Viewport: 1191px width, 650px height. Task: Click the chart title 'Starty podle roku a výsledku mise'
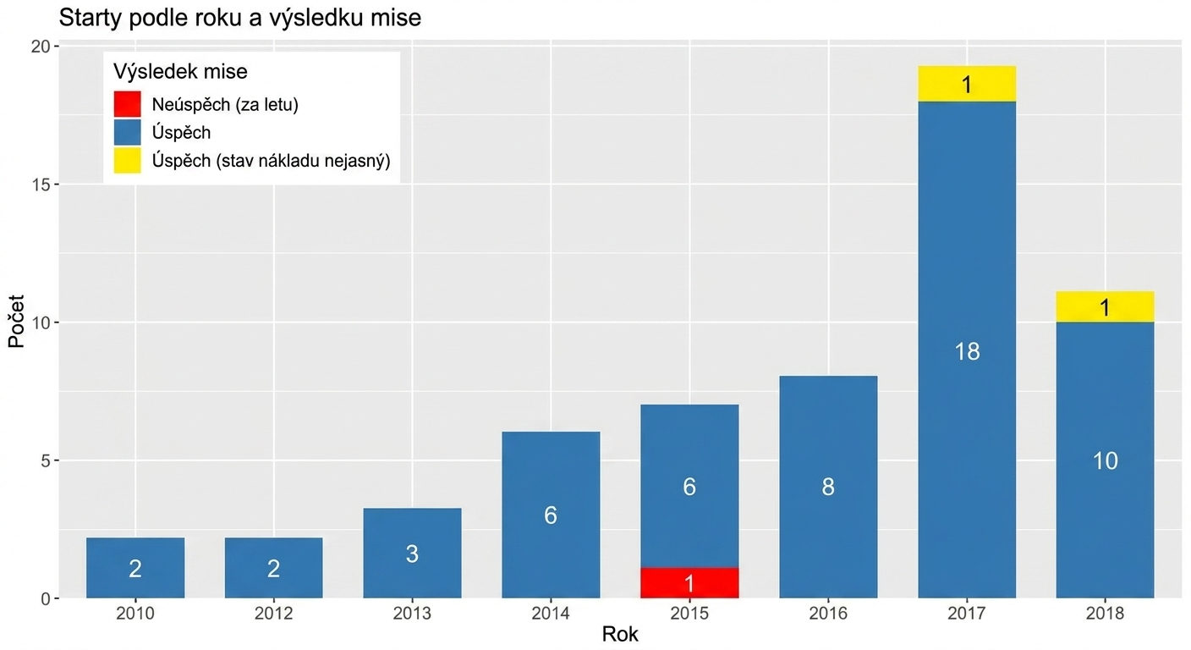[x=239, y=18]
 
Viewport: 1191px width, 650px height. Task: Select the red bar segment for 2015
[x=689, y=583]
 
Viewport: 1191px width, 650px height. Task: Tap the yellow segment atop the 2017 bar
[x=967, y=84]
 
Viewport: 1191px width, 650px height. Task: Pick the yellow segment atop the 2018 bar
[x=1105, y=307]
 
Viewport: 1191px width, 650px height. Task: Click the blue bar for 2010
[x=135, y=568]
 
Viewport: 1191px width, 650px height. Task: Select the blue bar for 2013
[x=412, y=554]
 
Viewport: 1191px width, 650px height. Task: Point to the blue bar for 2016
[x=828, y=487]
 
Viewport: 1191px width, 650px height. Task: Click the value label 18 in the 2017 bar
[x=967, y=351]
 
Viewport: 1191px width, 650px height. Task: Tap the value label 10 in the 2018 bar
[x=1105, y=460]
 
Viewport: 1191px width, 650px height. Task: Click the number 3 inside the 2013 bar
[x=412, y=554]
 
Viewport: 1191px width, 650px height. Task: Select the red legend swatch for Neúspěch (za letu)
[x=128, y=104]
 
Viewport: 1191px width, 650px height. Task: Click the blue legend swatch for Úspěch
[x=128, y=132]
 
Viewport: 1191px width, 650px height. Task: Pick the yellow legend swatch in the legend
[x=128, y=160]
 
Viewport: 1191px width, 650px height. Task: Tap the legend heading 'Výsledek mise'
[x=180, y=71]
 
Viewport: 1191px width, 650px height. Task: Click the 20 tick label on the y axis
[x=40, y=47]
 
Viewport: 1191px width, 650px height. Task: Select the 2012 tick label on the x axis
[x=273, y=614]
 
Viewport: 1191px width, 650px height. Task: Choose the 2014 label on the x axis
[x=551, y=614]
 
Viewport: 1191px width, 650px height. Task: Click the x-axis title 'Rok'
[x=620, y=635]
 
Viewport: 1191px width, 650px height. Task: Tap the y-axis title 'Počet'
[x=16, y=322]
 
